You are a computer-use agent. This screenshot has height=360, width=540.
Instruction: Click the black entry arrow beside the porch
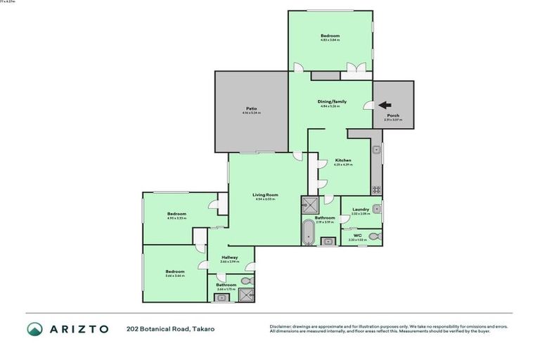click(385, 105)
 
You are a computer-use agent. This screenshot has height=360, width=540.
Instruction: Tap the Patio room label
click(251, 108)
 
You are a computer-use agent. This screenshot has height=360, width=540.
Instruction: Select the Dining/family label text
click(333, 101)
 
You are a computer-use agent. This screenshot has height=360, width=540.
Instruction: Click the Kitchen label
click(343, 160)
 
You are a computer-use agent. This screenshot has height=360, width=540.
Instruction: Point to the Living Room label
click(266, 195)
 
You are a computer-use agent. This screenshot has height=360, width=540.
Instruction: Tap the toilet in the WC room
click(373, 236)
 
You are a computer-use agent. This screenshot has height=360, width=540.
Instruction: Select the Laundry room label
click(360, 209)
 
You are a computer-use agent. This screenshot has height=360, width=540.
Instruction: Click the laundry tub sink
click(378, 207)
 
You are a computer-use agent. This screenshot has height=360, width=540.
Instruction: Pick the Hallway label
click(229, 257)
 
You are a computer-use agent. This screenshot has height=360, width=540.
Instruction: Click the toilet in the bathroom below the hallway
click(245, 281)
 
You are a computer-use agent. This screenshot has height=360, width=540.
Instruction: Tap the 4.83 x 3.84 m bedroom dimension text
click(330, 40)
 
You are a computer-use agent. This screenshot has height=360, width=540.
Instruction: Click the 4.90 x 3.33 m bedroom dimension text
click(176, 218)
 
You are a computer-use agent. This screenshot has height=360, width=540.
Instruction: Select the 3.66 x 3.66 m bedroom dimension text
click(174, 276)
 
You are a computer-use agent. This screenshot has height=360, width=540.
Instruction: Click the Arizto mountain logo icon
click(35, 328)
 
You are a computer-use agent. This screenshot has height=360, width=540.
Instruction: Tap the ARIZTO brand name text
click(78, 328)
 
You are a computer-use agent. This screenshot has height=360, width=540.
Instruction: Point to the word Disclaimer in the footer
click(281, 326)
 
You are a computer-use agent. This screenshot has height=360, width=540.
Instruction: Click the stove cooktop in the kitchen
click(377, 188)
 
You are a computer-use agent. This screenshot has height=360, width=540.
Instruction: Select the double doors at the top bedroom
click(354, 68)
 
